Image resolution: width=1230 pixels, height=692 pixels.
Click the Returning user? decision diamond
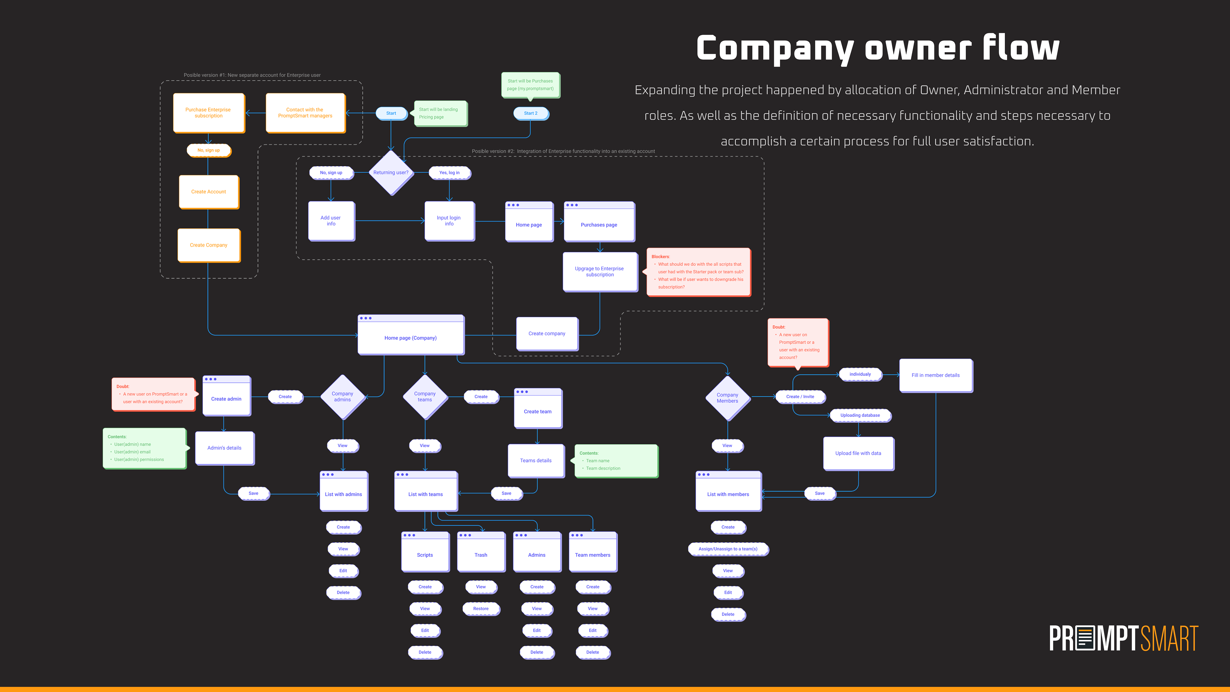[x=390, y=172]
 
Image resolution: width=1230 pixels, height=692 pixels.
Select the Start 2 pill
[x=530, y=113]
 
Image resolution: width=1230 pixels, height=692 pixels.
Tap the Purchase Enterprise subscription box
[x=208, y=113]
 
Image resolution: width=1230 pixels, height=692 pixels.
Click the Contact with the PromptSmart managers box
[x=305, y=113]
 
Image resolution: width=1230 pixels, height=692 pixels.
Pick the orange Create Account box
[x=209, y=192]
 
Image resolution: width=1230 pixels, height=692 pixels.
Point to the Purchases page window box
[x=599, y=222]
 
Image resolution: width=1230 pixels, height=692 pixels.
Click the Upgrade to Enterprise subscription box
[x=599, y=271]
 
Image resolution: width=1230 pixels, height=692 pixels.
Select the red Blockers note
[x=698, y=272]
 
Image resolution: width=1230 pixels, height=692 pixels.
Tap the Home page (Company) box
[x=411, y=335]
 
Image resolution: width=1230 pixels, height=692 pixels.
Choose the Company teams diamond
[x=424, y=397]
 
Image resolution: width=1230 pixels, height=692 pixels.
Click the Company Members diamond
[x=727, y=398]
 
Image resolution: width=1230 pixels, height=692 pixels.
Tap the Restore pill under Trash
[x=481, y=608]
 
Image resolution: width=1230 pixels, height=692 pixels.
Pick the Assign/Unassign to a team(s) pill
[x=728, y=549]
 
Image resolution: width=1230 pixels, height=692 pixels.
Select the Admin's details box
[x=225, y=448]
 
